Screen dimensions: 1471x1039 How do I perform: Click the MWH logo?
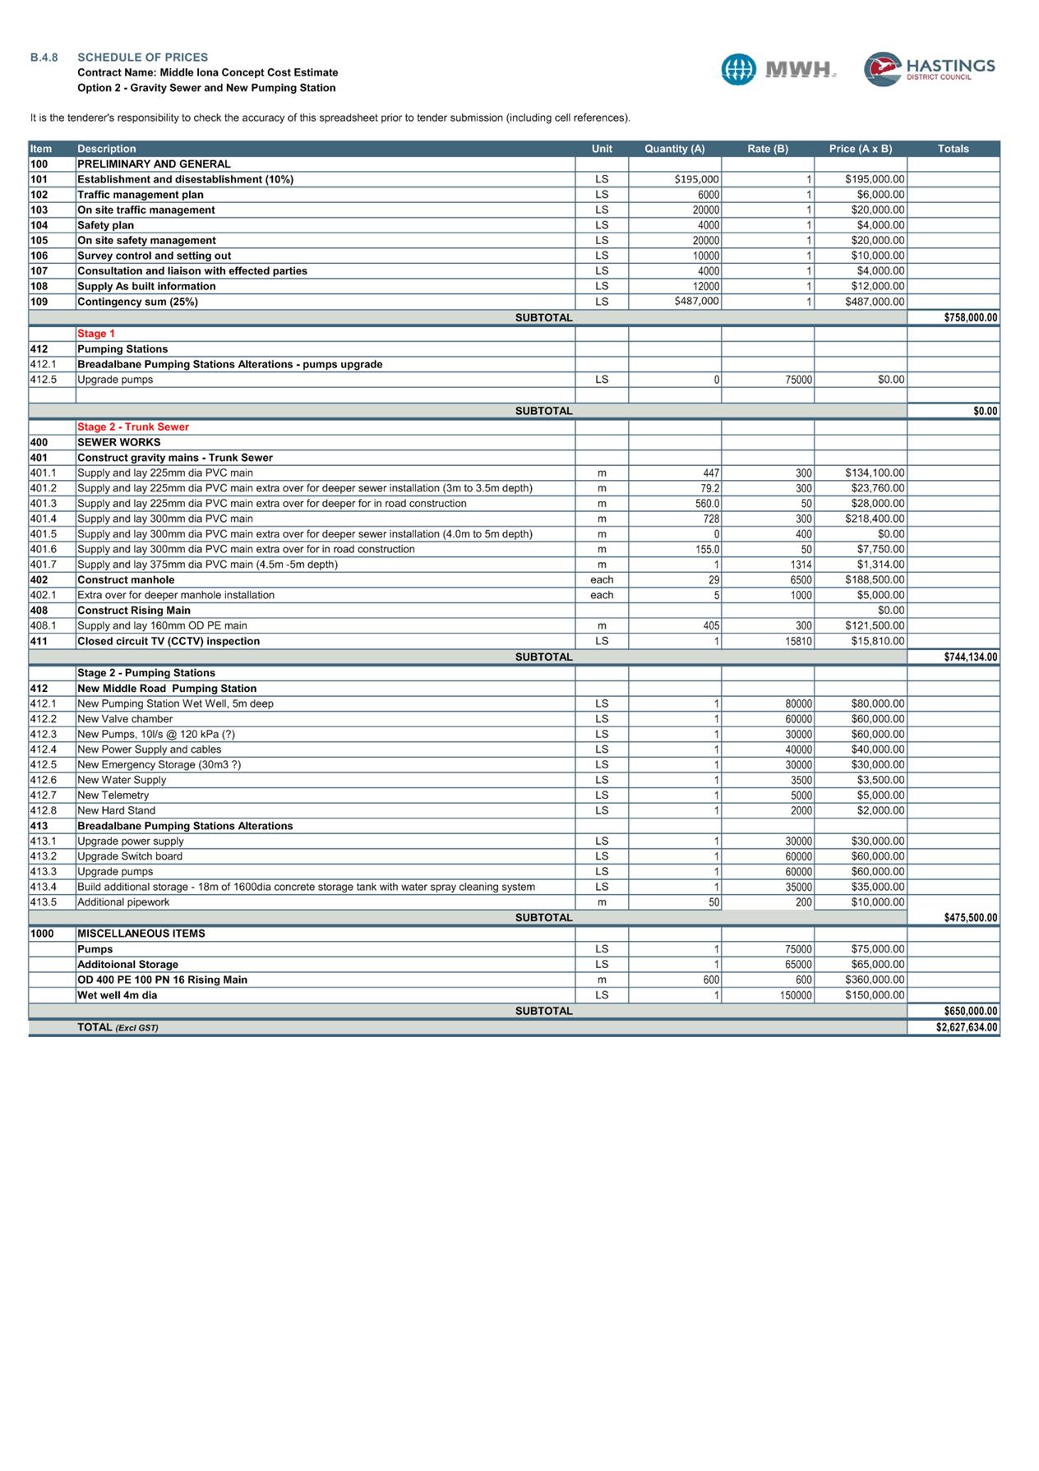(x=778, y=69)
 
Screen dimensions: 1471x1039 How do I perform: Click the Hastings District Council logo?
(x=929, y=69)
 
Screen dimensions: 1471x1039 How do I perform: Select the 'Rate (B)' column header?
(x=767, y=149)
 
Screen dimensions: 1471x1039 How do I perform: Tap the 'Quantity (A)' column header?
(x=674, y=149)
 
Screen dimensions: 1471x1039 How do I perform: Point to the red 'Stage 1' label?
(x=96, y=334)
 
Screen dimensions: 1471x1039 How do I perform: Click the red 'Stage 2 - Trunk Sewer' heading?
(x=133, y=427)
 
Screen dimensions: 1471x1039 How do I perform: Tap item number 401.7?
(x=43, y=565)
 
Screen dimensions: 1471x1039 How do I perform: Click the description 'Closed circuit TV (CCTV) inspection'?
(x=169, y=641)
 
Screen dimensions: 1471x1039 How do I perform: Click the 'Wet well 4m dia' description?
(x=118, y=995)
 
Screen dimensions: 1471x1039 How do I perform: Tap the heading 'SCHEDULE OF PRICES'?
(x=142, y=58)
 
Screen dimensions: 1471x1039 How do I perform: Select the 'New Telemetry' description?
(x=113, y=795)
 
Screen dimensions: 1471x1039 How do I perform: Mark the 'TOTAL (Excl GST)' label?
(x=118, y=1027)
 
